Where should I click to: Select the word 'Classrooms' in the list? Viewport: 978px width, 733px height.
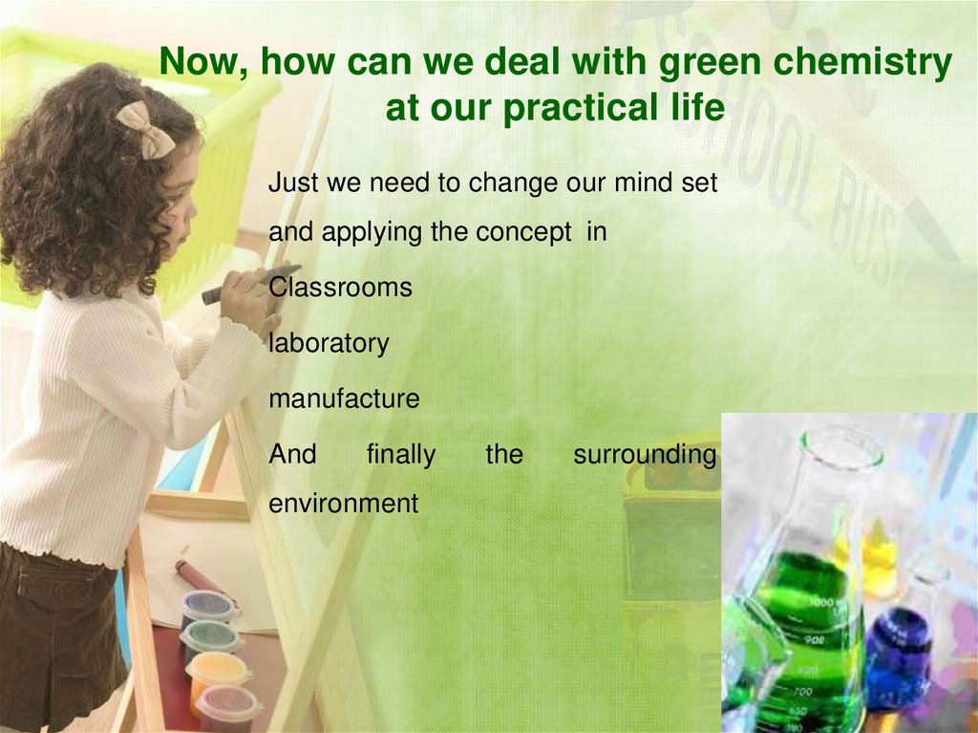pyautogui.click(x=340, y=287)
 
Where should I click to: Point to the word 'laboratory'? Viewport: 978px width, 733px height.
pyautogui.click(x=329, y=343)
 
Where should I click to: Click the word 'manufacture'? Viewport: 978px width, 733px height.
pyautogui.click(x=344, y=399)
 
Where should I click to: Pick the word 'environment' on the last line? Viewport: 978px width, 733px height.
pyautogui.click(x=344, y=503)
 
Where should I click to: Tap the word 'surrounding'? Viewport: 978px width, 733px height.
pyautogui.click(x=645, y=455)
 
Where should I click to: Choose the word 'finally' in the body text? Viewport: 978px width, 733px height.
pyautogui.click(x=400, y=455)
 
